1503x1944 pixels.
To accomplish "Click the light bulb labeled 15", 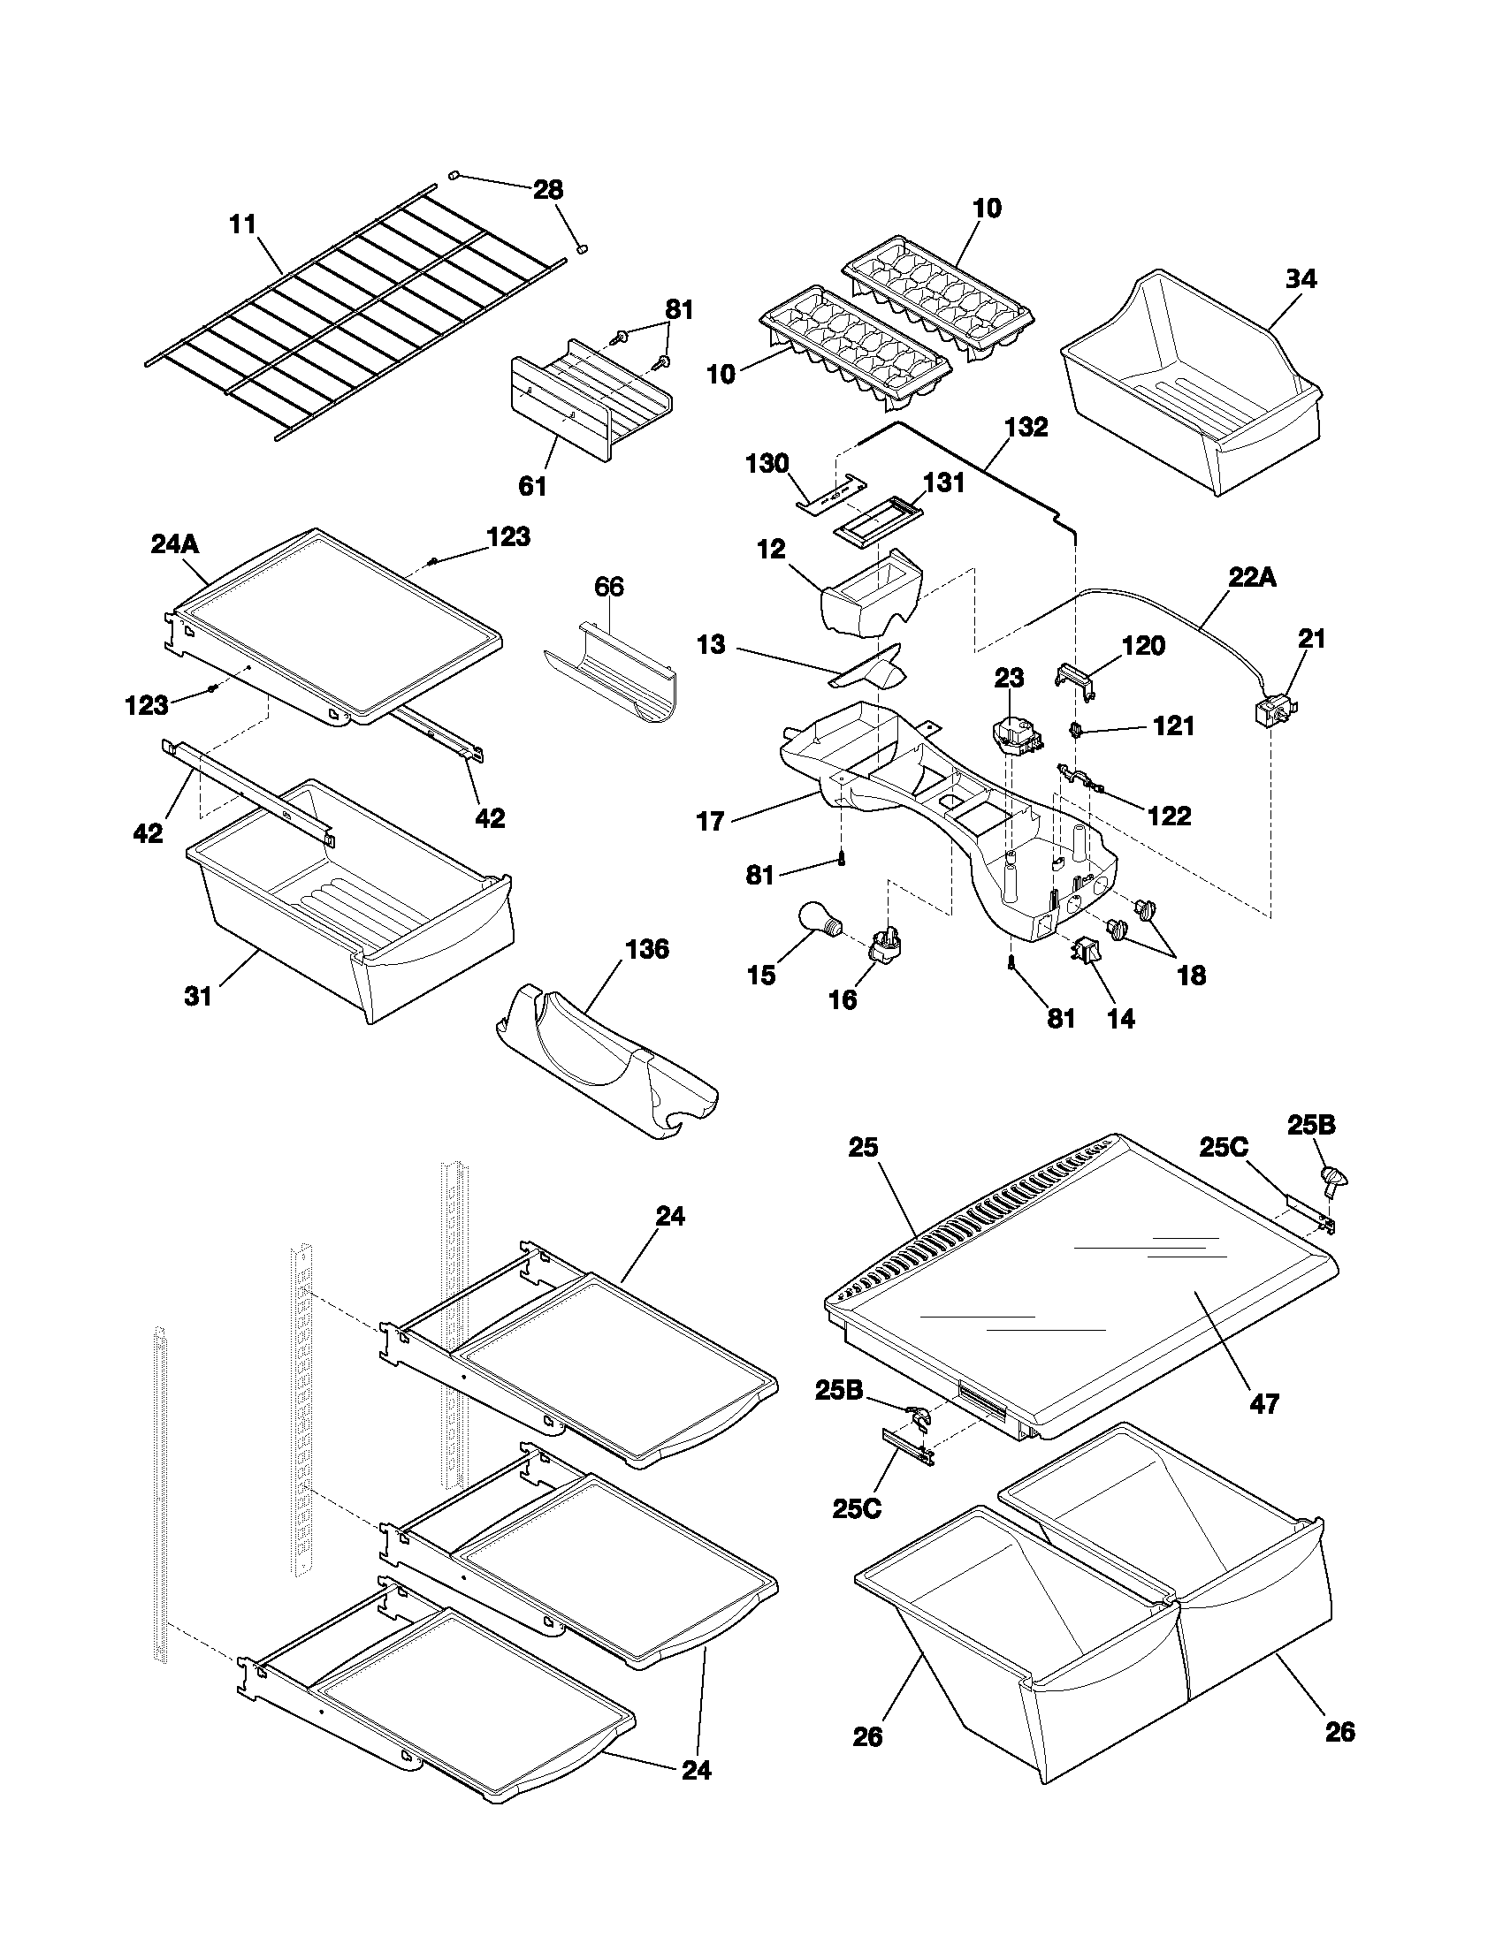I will [x=818, y=919].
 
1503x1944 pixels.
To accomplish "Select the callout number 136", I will [x=646, y=950].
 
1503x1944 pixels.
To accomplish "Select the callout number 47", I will [x=1264, y=1404].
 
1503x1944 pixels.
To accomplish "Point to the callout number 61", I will [x=531, y=486].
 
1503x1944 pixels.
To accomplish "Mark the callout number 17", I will [x=710, y=821].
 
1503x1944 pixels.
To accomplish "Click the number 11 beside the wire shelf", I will [x=242, y=224].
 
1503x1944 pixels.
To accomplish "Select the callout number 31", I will [x=198, y=996].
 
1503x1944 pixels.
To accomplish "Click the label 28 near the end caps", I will [x=547, y=190].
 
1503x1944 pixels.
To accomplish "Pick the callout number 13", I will [x=711, y=644].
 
